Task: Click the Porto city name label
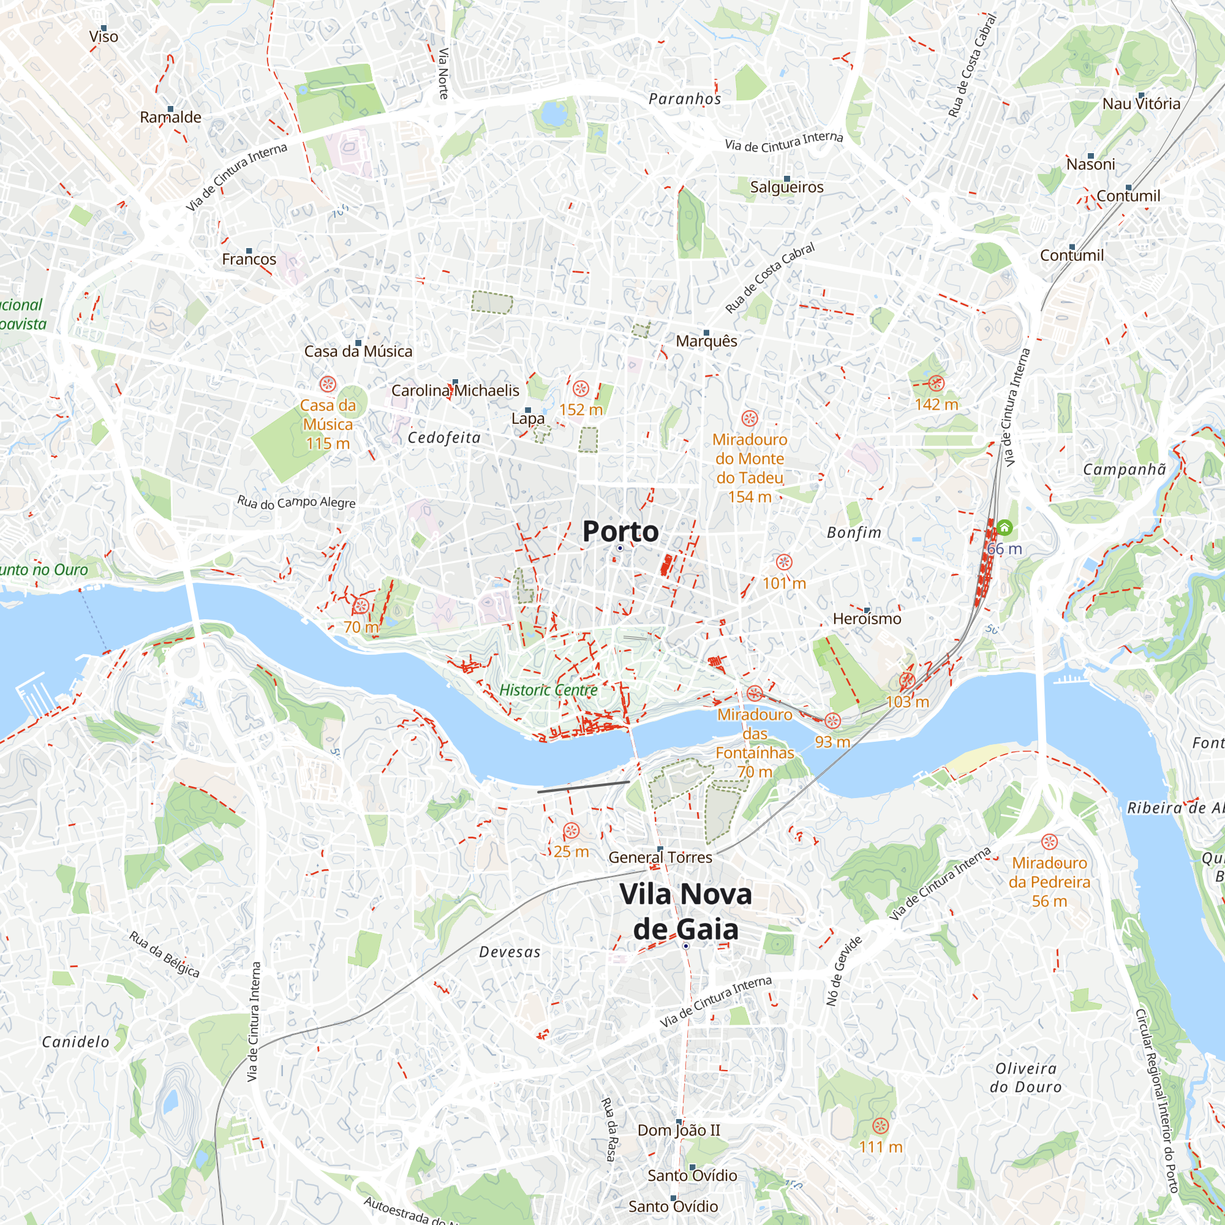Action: [x=620, y=531]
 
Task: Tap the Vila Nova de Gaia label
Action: [x=685, y=912]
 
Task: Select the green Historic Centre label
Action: [x=548, y=690]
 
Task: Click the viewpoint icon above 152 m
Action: [x=581, y=388]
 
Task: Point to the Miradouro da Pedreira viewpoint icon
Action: [x=1049, y=842]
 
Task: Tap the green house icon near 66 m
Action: [x=1005, y=527]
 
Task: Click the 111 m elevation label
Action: [x=880, y=1147]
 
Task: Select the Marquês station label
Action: [x=706, y=341]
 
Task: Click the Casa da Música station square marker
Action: [x=358, y=343]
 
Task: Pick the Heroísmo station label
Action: [x=867, y=619]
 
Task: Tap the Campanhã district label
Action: [x=1123, y=470]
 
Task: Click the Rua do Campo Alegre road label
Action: [x=296, y=502]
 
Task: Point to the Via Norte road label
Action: [x=444, y=73]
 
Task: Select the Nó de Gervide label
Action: [x=844, y=971]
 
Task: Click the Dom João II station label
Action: [x=679, y=1130]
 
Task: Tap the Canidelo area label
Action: [x=75, y=1042]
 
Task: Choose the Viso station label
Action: [x=104, y=37]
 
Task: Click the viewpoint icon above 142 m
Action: [x=937, y=383]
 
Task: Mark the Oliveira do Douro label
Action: [x=1025, y=1077]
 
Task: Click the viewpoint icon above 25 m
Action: [x=571, y=831]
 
